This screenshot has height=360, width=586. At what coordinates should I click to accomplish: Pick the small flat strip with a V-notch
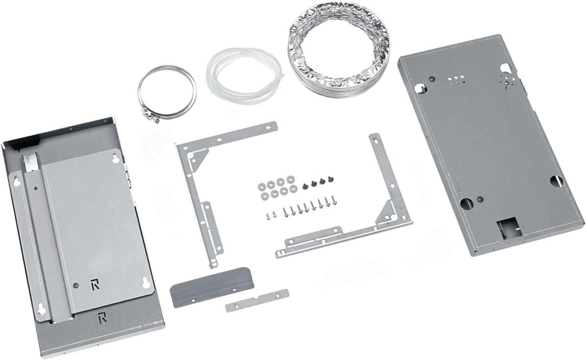tap(257, 300)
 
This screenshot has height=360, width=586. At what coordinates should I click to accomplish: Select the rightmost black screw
tap(329, 180)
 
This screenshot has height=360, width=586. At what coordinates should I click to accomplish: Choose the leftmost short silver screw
tap(268, 216)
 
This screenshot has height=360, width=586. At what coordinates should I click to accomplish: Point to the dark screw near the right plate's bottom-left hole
tap(478, 199)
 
